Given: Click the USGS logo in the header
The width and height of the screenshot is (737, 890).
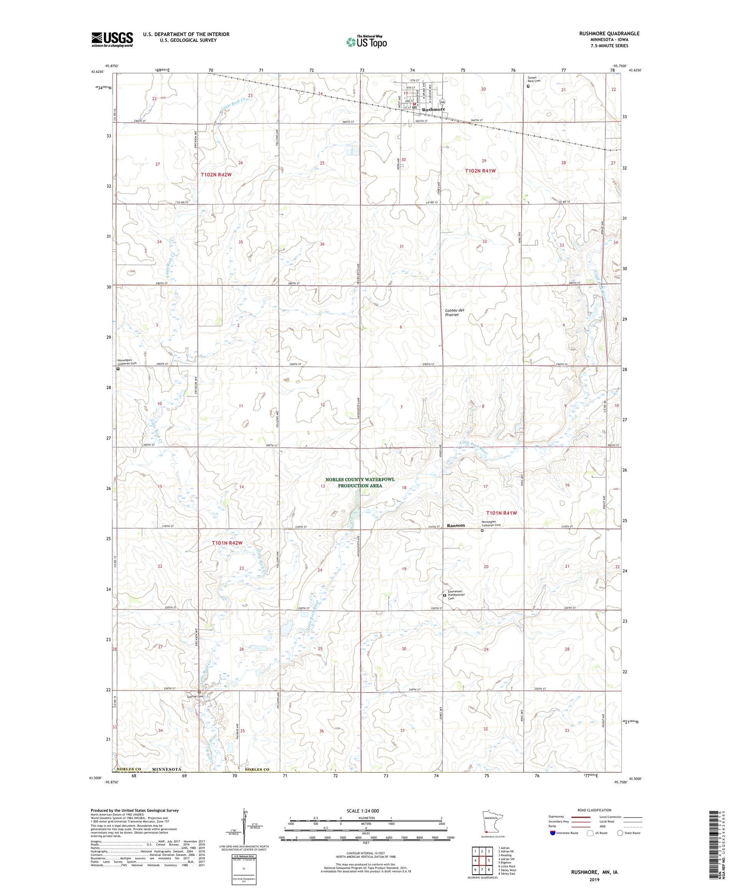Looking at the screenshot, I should pyautogui.click(x=112, y=39).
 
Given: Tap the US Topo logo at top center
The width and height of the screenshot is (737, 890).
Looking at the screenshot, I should pyautogui.click(x=366, y=41).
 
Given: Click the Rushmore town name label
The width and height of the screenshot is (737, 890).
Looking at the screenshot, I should pyautogui.click(x=434, y=109).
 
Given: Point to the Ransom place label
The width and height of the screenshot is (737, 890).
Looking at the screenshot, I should pyautogui.click(x=456, y=525).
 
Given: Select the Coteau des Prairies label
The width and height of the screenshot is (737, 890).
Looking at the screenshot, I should pyautogui.click(x=452, y=312).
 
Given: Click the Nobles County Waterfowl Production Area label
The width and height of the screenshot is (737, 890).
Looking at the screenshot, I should pyautogui.click(x=360, y=483).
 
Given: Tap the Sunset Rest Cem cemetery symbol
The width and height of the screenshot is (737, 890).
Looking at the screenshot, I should pyautogui.click(x=528, y=86).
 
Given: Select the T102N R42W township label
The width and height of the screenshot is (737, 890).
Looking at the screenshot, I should pyautogui.click(x=216, y=174).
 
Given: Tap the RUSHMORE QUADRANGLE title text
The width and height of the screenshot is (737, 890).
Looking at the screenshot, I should pyautogui.click(x=609, y=34).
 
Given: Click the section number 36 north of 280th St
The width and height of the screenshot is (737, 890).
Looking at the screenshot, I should pyautogui.click(x=322, y=244).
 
